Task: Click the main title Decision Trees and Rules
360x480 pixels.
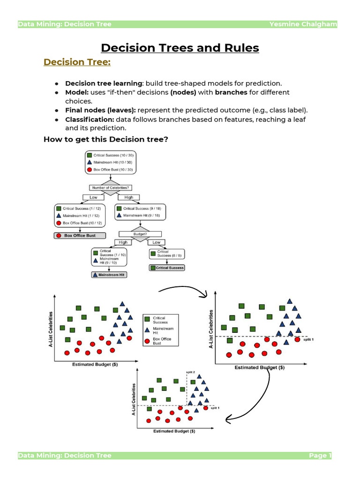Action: pos(180,48)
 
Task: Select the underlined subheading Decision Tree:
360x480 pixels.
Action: pos(77,62)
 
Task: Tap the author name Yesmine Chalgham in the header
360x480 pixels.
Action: pos(303,24)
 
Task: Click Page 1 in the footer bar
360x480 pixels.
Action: pos(320,455)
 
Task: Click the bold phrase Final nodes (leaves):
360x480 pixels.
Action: pos(100,110)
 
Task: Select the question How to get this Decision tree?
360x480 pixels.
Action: pos(105,139)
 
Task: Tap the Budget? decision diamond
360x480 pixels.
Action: pos(141,233)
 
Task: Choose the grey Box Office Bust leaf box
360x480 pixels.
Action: pos(80,235)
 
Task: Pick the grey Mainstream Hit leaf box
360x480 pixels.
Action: pos(109,275)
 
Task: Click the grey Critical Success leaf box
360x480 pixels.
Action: pos(167,268)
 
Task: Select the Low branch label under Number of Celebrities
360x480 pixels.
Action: pos(93,197)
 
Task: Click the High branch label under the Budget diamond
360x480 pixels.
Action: pos(123,242)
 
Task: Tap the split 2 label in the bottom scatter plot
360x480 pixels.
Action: pos(191,372)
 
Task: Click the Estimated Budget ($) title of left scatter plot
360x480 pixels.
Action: pos(96,364)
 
